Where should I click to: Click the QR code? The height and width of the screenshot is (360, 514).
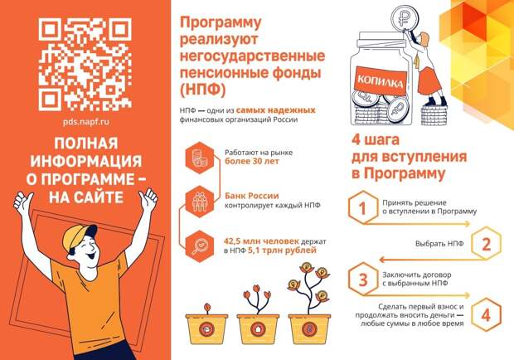pyautogui.click(x=85, y=65)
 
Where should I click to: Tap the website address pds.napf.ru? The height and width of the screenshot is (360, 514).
pyautogui.click(x=86, y=122)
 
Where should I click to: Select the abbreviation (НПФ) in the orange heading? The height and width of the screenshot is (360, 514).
pyautogui.click(x=203, y=90)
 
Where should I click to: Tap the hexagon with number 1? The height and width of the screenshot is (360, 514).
pyautogui.click(x=362, y=207)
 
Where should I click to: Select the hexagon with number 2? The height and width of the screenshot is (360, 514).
pyautogui.click(x=487, y=244)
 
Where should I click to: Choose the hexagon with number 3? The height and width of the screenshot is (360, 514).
pyautogui.click(x=363, y=280)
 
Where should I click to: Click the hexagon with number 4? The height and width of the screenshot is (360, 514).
pyautogui.click(x=486, y=314)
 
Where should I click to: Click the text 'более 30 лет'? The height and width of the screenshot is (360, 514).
pyautogui.click(x=252, y=161)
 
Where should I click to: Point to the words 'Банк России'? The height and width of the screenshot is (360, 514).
pyautogui.click(x=252, y=196)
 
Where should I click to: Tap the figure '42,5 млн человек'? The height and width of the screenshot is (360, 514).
pyautogui.click(x=261, y=241)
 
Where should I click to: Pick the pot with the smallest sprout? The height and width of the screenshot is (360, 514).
pyautogui.click(x=206, y=328)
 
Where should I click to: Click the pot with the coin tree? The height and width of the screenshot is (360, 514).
pyautogui.click(x=309, y=328)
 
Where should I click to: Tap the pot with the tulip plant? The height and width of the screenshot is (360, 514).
pyautogui.click(x=258, y=328)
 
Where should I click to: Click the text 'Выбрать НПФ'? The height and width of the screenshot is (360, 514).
pyautogui.click(x=439, y=244)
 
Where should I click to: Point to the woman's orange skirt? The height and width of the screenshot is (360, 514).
pyautogui.click(x=429, y=82)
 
